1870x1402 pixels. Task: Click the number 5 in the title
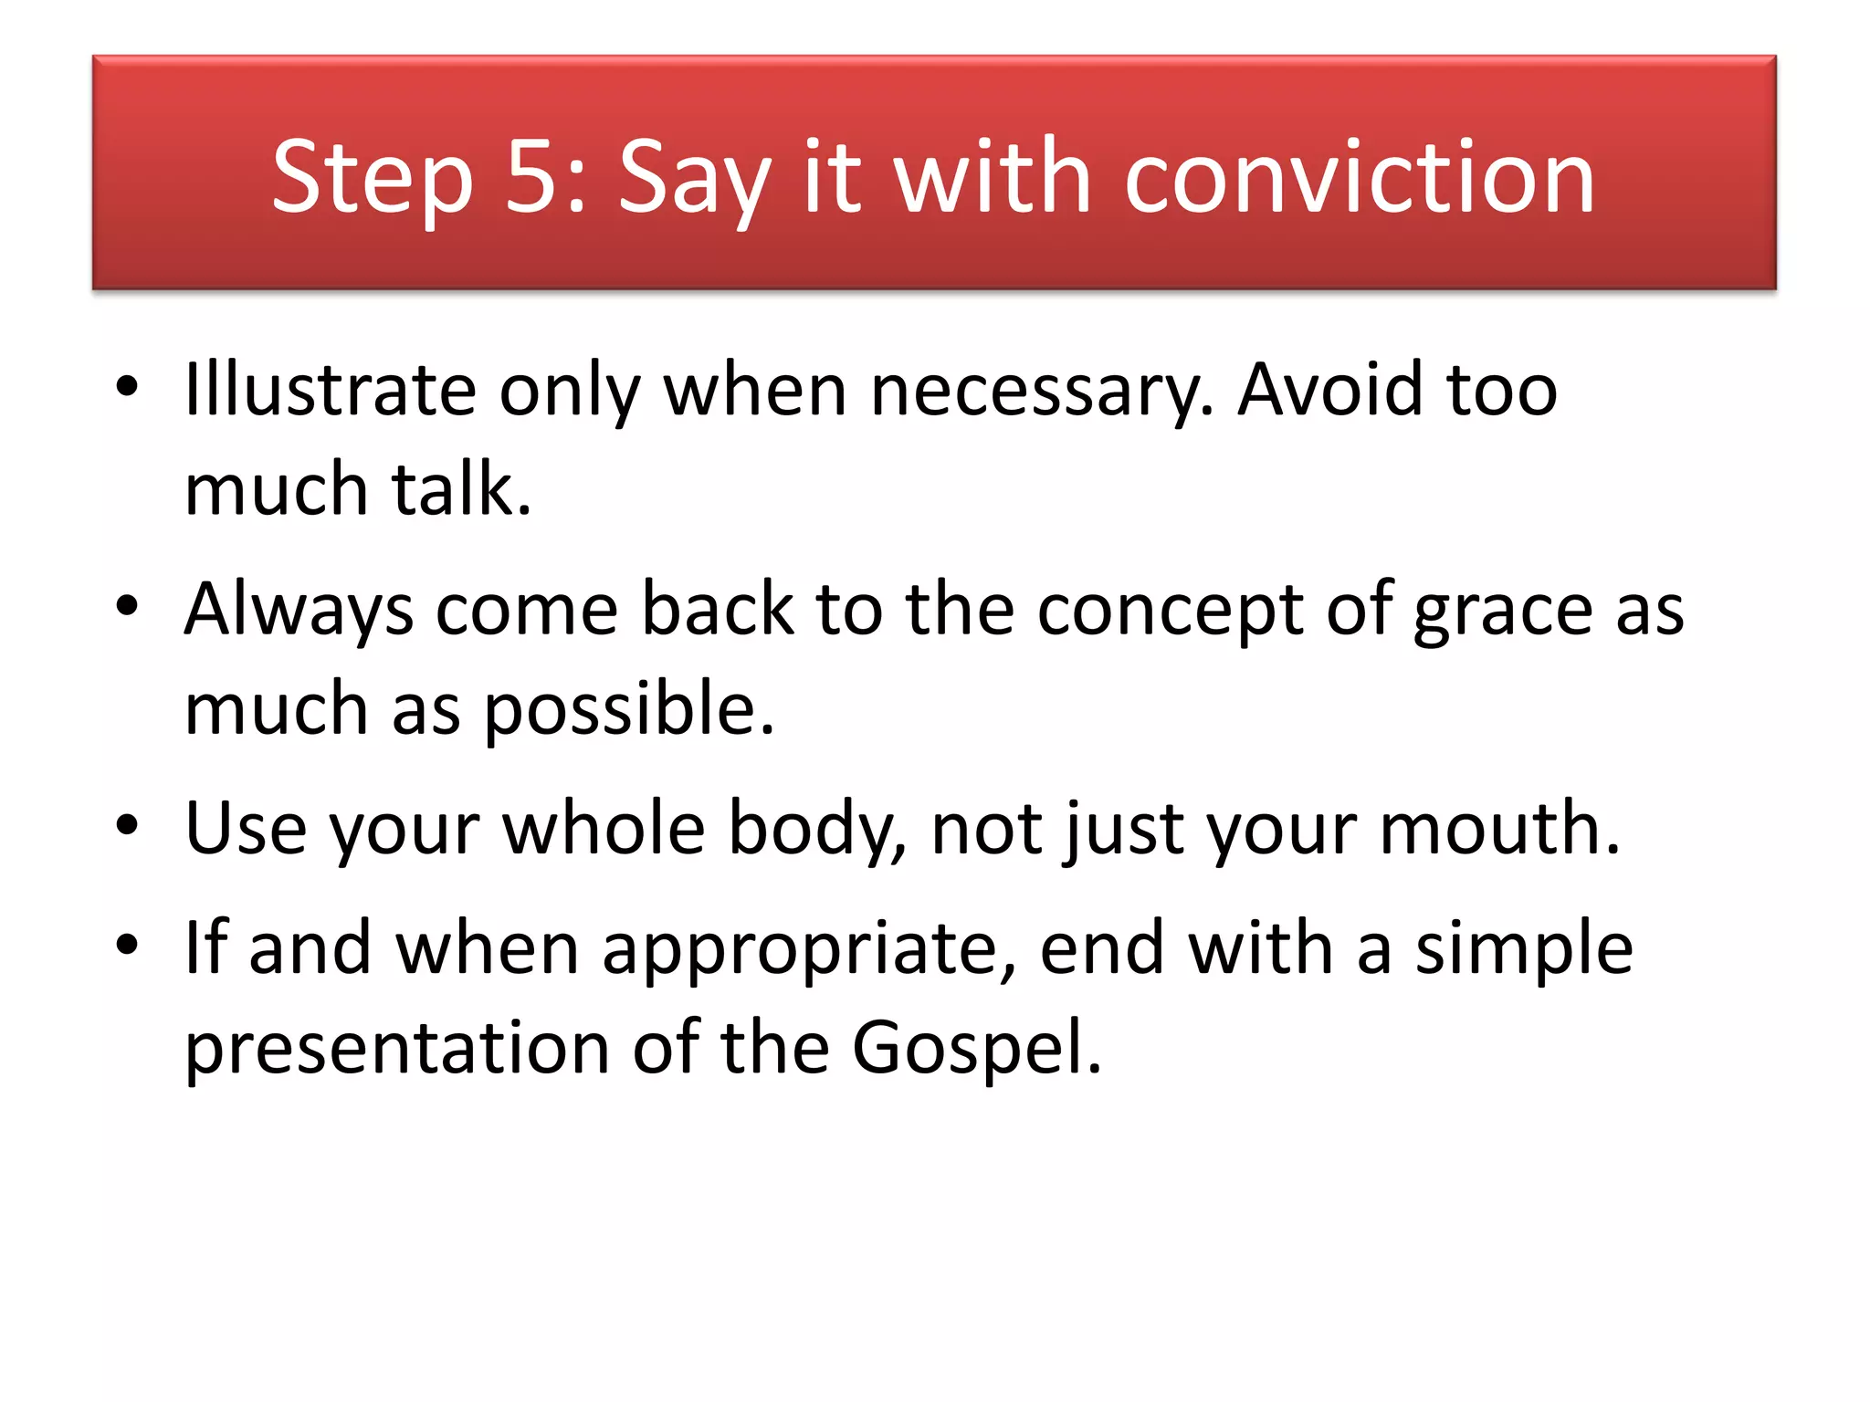point(532,177)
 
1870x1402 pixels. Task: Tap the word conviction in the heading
point(1360,177)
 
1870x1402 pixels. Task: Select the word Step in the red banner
point(373,179)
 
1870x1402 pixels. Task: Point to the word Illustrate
point(330,390)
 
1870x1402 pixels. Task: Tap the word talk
point(461,489)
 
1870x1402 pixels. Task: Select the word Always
point(299,610)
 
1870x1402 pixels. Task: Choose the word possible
point(628,710)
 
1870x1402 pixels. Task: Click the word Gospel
point(976,1048)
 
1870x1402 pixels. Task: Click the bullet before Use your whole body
point(127,825)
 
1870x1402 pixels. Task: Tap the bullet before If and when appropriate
point(127,945)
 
